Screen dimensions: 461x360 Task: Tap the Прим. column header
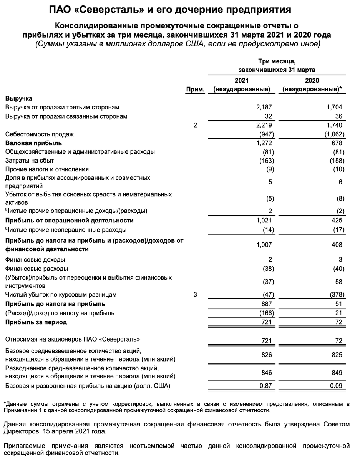tap(195, 89)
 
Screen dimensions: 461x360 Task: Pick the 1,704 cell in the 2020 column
tap(334, 107)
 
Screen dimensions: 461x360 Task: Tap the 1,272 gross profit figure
tap(264, 143)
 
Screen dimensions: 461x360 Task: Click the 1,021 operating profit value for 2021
tap(264, 221)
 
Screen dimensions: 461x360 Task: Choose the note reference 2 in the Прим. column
tap(195, 125)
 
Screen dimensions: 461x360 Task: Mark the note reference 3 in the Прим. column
tap(195, 295)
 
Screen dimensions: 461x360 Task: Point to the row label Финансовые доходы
tap(35, 260)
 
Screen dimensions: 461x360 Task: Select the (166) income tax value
tap(265, 313)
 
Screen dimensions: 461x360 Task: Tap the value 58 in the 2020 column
tap(338, 282)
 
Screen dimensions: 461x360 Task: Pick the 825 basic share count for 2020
tap(337, 355)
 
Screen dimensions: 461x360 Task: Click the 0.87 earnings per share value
tap(265, 385)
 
